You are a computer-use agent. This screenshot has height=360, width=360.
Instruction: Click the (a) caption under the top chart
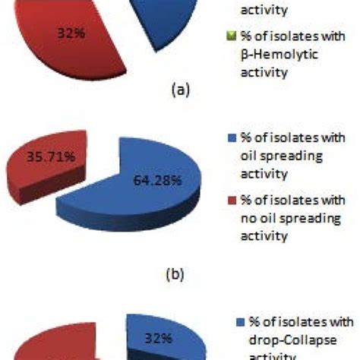tap(179, 90)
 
